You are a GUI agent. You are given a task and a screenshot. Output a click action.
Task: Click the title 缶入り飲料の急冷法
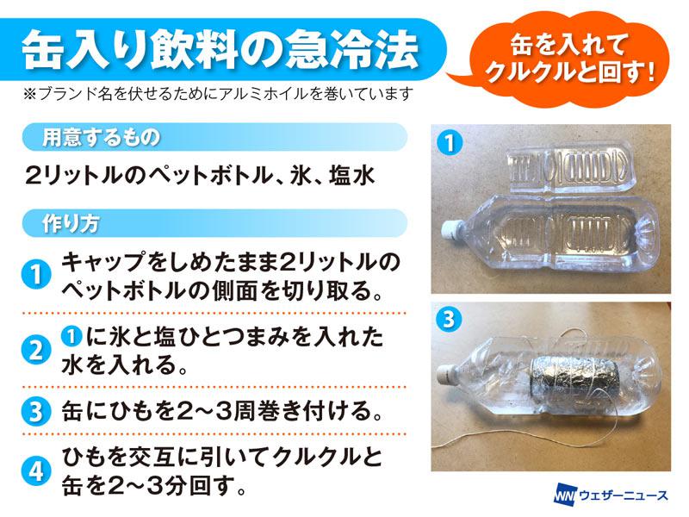point(220,49)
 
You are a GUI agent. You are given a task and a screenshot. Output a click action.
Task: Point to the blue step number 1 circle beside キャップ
point(36,274)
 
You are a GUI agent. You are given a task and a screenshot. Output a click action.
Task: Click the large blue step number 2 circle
point(36,351)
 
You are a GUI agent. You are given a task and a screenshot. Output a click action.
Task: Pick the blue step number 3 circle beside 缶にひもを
point(36,411)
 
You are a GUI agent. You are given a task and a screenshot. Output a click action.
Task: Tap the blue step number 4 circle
point(36,471)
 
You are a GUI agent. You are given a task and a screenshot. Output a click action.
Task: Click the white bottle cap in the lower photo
point(448,376)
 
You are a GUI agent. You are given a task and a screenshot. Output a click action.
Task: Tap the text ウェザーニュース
point(623,495)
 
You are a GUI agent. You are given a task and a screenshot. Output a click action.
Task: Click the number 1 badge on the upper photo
point(450,143)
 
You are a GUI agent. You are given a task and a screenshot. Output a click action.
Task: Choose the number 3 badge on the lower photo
point(449,318)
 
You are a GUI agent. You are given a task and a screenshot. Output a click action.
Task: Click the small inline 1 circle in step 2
point(71,337)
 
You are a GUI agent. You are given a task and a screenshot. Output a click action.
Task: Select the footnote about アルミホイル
point(219,94)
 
